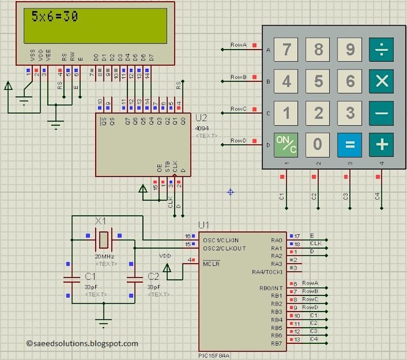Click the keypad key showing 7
287,50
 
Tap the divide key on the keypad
381,50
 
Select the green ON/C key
287,144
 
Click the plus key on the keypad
381,144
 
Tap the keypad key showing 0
318,144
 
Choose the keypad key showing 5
318,81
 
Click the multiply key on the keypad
381,81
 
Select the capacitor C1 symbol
72,279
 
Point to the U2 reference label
201,117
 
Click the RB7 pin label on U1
276,343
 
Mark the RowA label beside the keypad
238,45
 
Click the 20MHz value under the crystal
104,256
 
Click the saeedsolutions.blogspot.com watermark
82,343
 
